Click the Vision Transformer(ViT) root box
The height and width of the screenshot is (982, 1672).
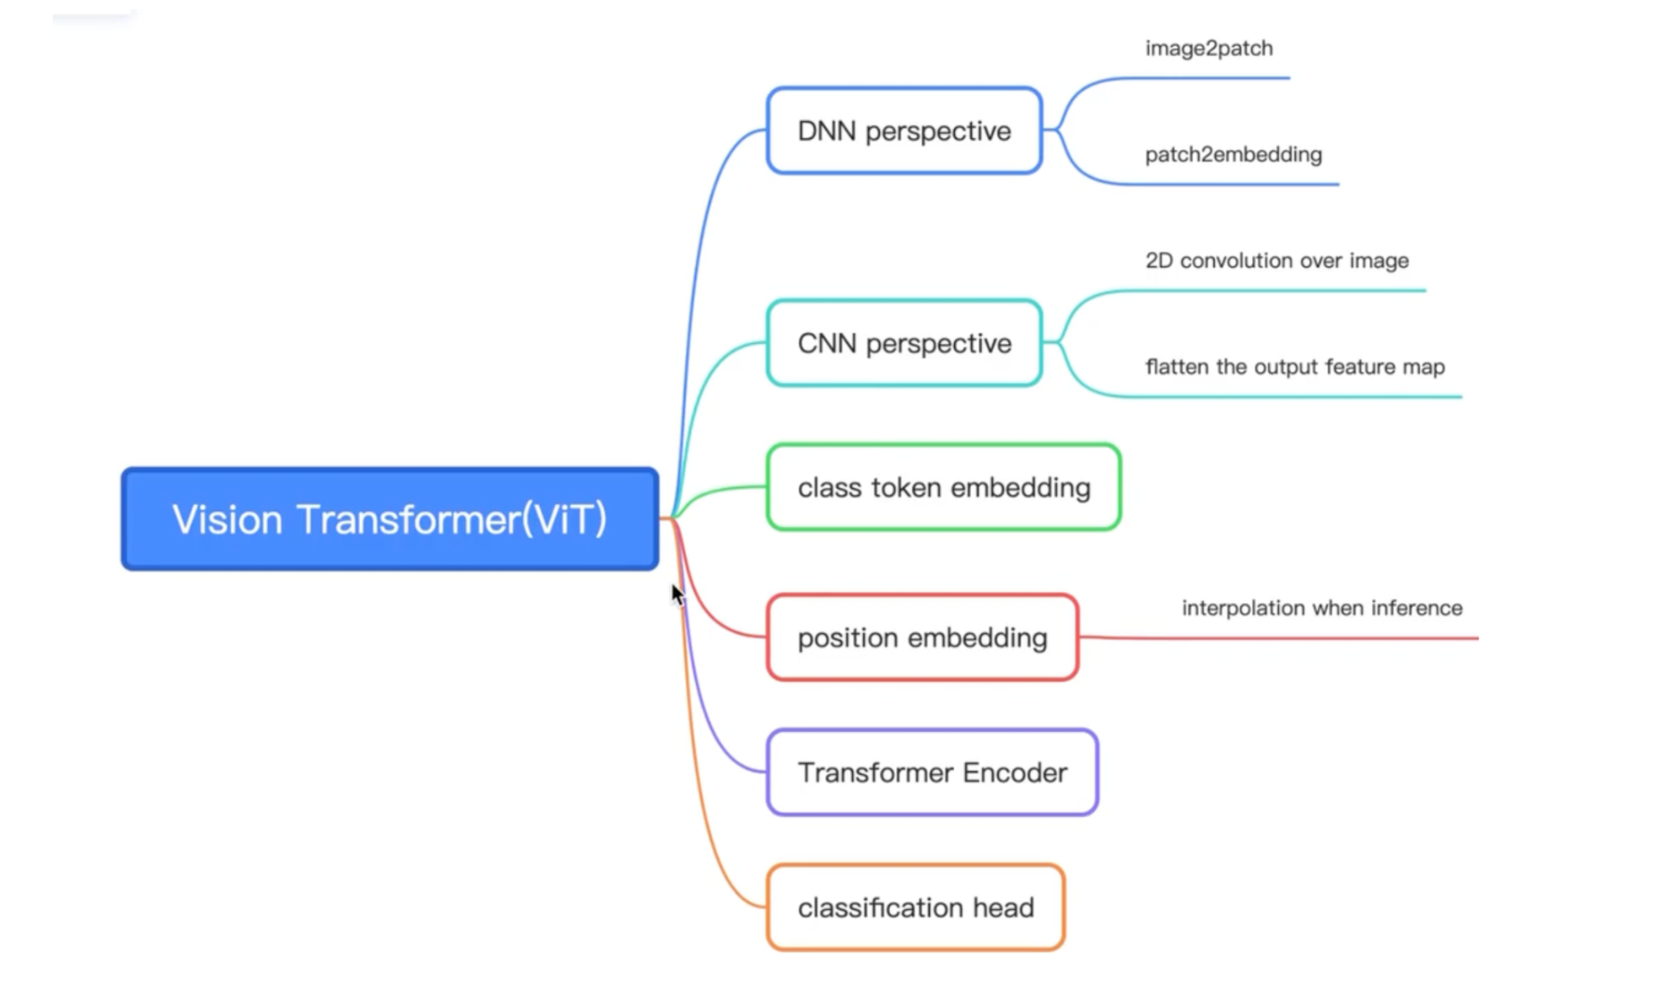(x=390, y=519)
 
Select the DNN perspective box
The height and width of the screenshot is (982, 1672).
(x=904, y=130)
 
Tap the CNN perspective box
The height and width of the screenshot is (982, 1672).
(x=904, y=343)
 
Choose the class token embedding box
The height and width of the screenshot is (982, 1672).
(x=943, y=487)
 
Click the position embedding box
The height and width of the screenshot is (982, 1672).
(x=923, y=638)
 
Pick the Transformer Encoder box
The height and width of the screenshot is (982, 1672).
(x=933, y=773)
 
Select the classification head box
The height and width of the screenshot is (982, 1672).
(x=916, y=908)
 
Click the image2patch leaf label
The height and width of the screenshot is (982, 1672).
(x=1209, y=48)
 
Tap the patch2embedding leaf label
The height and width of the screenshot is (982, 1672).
(x=1234, y=155)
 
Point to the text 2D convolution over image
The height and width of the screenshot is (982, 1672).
(x=1277, y=261)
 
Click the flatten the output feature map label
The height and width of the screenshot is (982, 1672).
(x=1295, y=367)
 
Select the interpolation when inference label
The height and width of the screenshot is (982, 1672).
(x=1322, y=608)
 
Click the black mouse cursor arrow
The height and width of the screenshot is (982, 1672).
(x=677, y=595)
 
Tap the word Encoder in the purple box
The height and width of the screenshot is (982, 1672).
(x=1015, y=773)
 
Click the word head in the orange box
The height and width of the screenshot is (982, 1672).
(x=1003, y=908)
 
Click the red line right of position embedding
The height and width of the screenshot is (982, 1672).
(x=1279, y=638)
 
